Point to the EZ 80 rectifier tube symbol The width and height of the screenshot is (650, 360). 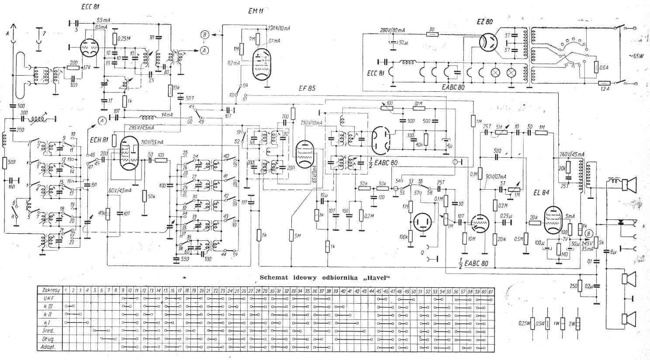pos(489,42)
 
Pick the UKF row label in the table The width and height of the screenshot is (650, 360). pos(48,298)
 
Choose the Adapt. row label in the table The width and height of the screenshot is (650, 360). pos(48,347)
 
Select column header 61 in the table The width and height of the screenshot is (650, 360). pos(491,291)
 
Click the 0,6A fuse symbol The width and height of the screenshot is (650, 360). pos(596,66)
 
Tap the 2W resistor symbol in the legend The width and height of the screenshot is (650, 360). pos(578,324)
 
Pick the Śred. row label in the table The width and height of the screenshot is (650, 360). pos(48,330)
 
